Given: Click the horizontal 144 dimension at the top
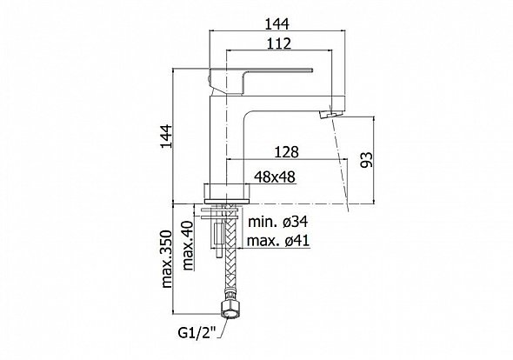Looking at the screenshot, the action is pyautogui.click(x=276, y=23).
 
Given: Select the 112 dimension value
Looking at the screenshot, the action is pyautogui.click(x=279, y=43).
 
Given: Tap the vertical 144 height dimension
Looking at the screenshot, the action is pyautogui.click(x=166, y=137).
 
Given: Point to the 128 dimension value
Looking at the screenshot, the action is pyautogui.click(x=287, y=152).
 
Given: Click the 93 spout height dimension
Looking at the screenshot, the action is pyautogui.click(x=366, y=159).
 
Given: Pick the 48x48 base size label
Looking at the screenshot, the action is pyautogui.click(x=275, y=177).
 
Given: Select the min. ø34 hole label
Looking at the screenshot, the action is pyautogui.click(x=278, y=222).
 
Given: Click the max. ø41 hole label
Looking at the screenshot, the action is pyautogui.click(x=278, y=241).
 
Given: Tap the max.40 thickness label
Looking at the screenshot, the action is pyautogui.click(x=188, y=245).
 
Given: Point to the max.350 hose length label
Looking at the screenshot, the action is pyautogui.click(x=166, y=259).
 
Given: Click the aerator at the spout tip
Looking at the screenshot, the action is pyautogui.click(x=330, y=115).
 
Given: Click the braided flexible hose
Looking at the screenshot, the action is pyautogui.click(x=230, y=252).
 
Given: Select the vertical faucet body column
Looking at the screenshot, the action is pyautogui.click(x=227, y=144).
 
